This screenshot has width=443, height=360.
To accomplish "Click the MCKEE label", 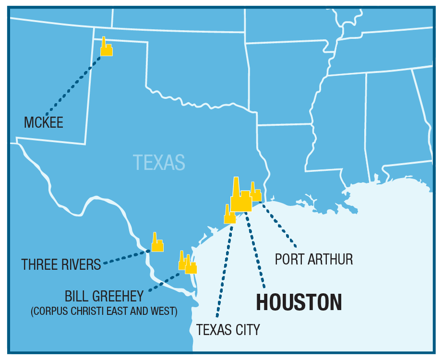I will pyautogui.click(x=44, y=122).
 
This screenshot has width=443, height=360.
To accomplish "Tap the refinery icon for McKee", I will pyautogui.click(x=106, y=48).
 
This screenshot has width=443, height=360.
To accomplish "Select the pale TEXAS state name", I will pyautogui.click(x=159, y=162).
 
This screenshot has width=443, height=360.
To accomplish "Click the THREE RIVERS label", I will pyautogui.click(x=61, y=264).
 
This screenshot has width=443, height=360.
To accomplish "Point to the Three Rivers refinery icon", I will pyautogui.click(x=157, y=244).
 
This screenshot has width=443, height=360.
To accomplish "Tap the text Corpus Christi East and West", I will pyautogui.click(x=104, y=311).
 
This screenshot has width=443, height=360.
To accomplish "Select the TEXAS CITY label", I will pyautogui.click(x=228, y=330).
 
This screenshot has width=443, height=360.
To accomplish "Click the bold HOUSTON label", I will pyautogui.click(x=299, y=302).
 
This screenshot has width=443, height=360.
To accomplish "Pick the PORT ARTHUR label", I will pyautogui.click(x=314, y=259).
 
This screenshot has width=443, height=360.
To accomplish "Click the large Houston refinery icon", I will pyautogui.click(x=240, y=198).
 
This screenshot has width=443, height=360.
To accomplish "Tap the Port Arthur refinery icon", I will pyautogui.click(x=255, y=193).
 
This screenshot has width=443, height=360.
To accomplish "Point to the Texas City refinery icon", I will pyautogui.click(x=229, y=216).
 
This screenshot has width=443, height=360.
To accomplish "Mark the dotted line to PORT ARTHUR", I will pyautogui.click(x=278, y=226).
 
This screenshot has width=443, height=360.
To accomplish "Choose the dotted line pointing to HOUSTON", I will pyautogui.click(x=255, y=250).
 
